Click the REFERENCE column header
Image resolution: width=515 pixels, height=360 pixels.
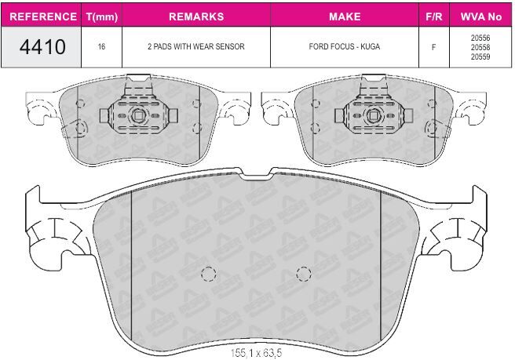pos(43,16)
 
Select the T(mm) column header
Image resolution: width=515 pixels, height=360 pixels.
pos(102,16)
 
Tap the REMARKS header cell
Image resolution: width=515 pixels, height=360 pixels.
pos(196,16)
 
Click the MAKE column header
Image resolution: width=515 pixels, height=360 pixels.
pos(345,16)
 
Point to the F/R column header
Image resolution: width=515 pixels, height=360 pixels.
pos(434,16)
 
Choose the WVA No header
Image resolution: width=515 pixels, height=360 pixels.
pos(480,16)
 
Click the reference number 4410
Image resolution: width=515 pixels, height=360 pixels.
pos(42,47)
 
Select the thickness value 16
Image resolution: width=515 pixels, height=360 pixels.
pos(101,46)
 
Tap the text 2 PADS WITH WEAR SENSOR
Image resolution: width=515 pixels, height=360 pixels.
pos(196,46)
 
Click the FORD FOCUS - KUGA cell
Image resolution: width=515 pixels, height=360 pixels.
pos(345,46)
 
